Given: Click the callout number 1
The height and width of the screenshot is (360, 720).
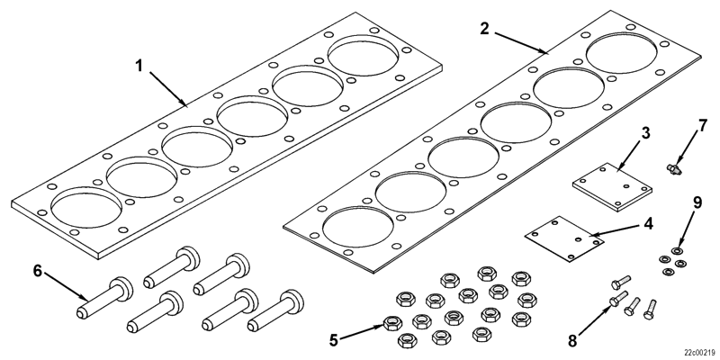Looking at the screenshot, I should pyautogui.click(x=139, y=66).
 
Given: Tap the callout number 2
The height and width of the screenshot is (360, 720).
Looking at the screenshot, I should pyautogui.click(x=484, y=28).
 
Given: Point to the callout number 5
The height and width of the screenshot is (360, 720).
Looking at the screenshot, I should pyautogui.click(x=335, y=340).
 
